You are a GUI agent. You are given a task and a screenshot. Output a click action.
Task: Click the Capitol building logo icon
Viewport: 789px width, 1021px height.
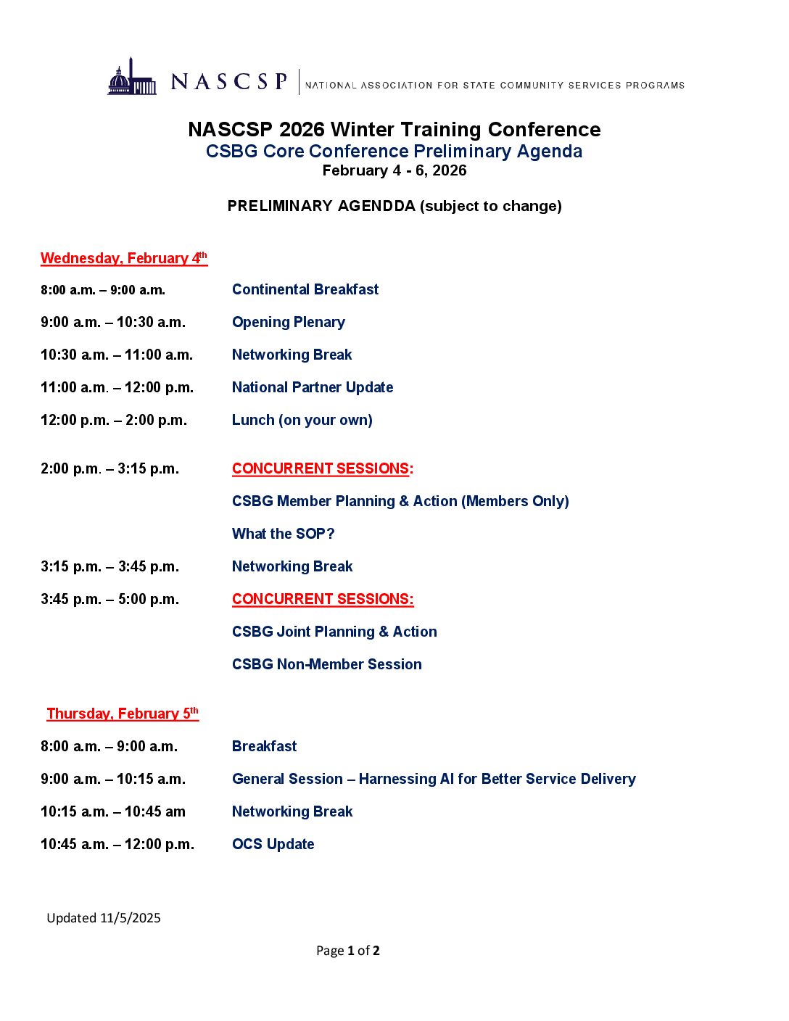pos(132,78)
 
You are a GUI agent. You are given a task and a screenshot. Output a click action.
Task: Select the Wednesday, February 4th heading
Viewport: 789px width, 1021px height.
pos(124,258)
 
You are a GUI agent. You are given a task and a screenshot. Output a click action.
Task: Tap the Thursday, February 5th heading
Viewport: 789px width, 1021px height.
pos(123,714)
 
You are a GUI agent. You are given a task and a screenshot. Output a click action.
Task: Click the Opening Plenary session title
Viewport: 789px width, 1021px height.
pos(288,322)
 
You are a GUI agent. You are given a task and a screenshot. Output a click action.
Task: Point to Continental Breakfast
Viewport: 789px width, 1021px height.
pos(305,289)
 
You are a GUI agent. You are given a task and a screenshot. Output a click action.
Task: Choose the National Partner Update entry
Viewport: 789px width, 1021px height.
pos(313,387)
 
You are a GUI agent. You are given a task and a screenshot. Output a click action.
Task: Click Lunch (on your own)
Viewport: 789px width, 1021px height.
pos(302,420)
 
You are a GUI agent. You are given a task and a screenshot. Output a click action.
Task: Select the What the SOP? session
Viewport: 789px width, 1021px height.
pos(283,534)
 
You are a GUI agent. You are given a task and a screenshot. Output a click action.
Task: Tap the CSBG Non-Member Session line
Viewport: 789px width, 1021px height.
pos(326,664)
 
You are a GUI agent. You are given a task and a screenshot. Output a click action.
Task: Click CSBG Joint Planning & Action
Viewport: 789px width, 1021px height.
pos(334,632)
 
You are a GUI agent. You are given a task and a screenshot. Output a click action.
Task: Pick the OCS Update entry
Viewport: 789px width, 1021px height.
pos(273,844)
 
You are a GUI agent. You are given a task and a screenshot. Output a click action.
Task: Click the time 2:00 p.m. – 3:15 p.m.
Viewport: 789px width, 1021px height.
pos(110,468)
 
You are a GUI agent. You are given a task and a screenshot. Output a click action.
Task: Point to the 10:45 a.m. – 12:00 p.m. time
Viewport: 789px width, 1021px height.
pos(117,844)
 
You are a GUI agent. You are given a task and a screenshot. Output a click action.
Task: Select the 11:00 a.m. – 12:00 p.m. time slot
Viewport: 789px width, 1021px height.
pos(117,387)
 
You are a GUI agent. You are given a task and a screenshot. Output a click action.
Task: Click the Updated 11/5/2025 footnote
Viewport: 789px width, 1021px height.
pos(104,918)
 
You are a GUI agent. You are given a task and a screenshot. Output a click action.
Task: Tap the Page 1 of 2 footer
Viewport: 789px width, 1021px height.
pos(348,951)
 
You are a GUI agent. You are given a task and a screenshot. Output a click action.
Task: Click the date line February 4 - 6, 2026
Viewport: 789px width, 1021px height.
pos(394,170)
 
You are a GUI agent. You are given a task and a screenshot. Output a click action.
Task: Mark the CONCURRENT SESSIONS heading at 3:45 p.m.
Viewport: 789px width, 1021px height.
pos(323,599)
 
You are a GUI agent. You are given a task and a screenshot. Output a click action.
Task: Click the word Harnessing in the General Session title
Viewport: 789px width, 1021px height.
pos(397,779)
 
